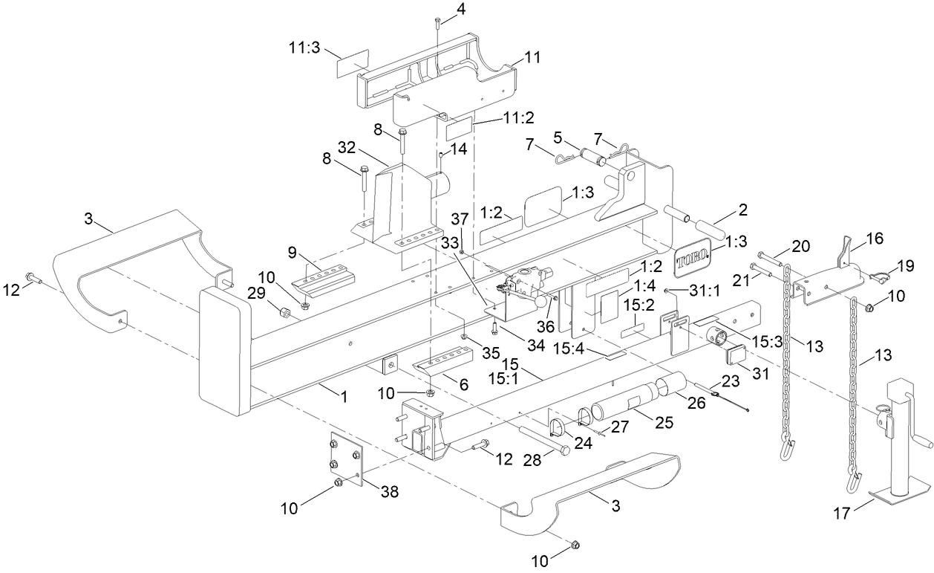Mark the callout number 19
(924, 265)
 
